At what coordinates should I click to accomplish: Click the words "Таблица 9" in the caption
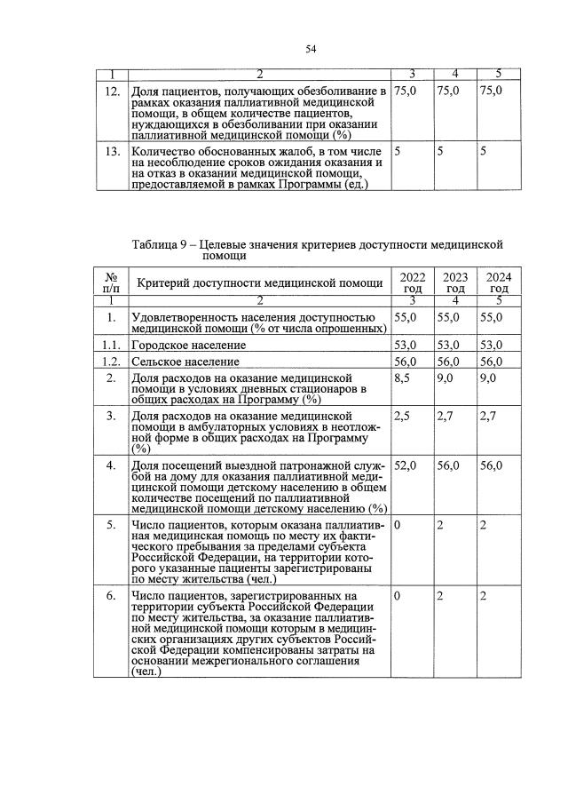162,243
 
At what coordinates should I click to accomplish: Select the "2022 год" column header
412,282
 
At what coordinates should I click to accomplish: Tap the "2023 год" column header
455,282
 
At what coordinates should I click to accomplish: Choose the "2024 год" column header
500,282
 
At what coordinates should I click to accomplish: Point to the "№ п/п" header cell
110,282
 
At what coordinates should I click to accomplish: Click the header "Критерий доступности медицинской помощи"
258,283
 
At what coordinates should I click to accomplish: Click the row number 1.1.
110,346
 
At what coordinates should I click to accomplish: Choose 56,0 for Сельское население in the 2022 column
406,362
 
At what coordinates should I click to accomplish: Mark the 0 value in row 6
398,594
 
